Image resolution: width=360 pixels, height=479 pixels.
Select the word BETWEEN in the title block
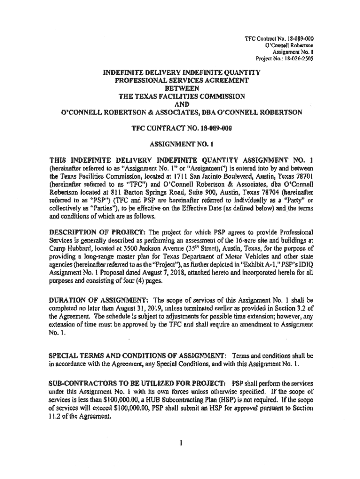(x=180, y=88)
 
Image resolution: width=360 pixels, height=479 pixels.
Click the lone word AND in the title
(x=180, y=104)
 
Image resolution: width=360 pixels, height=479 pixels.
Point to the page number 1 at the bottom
(x=180, y=442)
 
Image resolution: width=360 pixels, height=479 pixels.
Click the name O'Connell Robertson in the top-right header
(x=289, y=46)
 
